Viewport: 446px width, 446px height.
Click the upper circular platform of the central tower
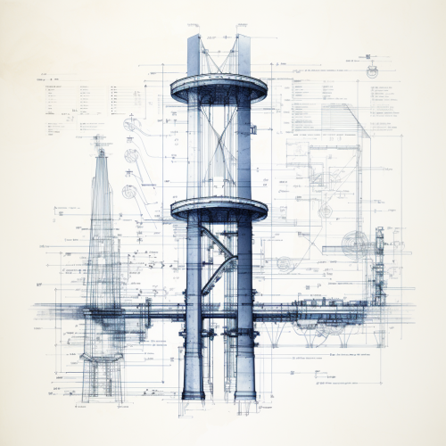(219, 89)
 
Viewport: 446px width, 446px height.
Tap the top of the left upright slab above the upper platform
(195, 37)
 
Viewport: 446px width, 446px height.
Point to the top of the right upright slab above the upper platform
(243, 37)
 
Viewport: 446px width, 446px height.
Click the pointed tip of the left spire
(101, 152)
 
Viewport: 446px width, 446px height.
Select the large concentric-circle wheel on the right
(356, 242)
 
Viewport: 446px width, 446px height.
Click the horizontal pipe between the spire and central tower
(152, 312)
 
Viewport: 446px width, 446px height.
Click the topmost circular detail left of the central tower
(132, 124)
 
